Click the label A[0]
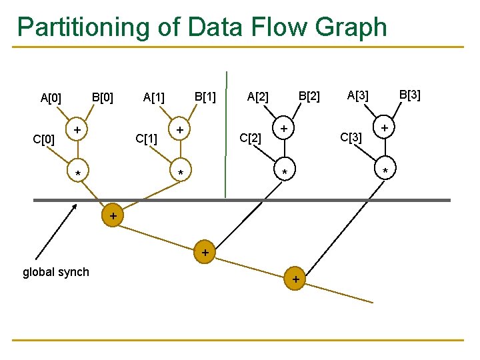click(51, 99)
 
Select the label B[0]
click(102, 97)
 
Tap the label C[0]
click(44, 140)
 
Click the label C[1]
click(146, 139)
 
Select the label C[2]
click(250, 138)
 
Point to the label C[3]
click(351, 137)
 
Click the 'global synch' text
click(56, 271)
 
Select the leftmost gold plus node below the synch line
click(113, 216)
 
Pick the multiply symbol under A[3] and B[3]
click(385, 173)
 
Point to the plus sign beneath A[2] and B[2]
click(284, 127)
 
